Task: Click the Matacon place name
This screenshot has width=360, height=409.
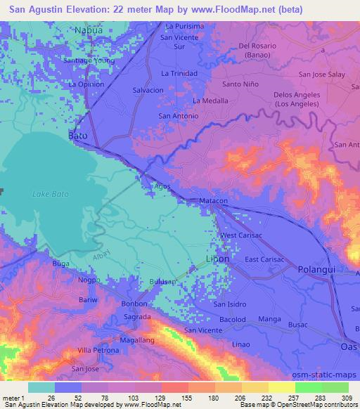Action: click(x=213, y=201)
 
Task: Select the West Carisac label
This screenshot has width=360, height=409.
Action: click(x=240, y=235)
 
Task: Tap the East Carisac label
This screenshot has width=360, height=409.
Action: click(x=264, y=259)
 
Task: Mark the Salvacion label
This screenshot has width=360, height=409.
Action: click(x=148, y=91)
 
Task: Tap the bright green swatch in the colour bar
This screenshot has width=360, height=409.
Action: click(x=308, y=387)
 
